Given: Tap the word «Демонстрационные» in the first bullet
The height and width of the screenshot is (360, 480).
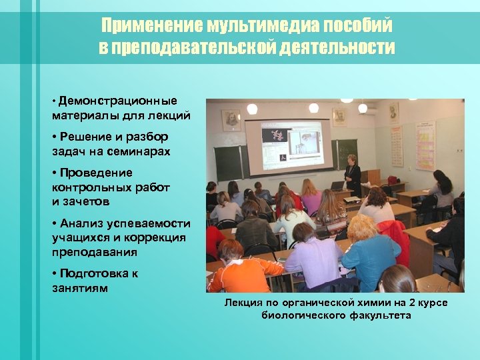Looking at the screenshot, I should click(117, 101).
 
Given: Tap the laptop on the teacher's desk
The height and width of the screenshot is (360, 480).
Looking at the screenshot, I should click(338, 185).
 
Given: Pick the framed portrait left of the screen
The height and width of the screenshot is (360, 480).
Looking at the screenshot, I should click(231, 121).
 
